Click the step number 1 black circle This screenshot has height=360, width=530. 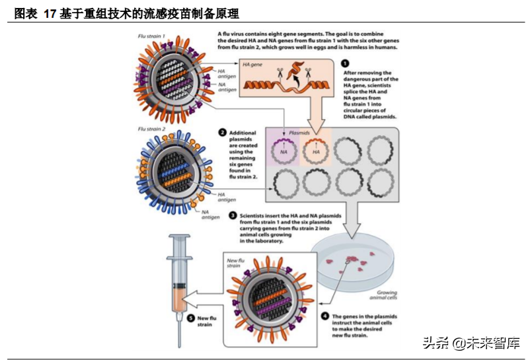coord(346,63)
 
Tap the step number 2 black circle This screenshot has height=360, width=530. coord(223,133)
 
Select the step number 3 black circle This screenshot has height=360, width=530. coord(233,215)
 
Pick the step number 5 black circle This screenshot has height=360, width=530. coord(191,318)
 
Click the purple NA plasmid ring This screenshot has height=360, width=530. coord(284,151)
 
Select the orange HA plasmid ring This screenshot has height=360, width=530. coord(316,151)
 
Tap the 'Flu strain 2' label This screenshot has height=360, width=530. coord(151,129)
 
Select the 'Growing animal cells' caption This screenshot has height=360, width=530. coord(387,295)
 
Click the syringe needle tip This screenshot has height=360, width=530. coord(178,344)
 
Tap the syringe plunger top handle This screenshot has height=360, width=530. coord(178,236)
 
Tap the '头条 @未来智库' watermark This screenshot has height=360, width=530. coord(471,343)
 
